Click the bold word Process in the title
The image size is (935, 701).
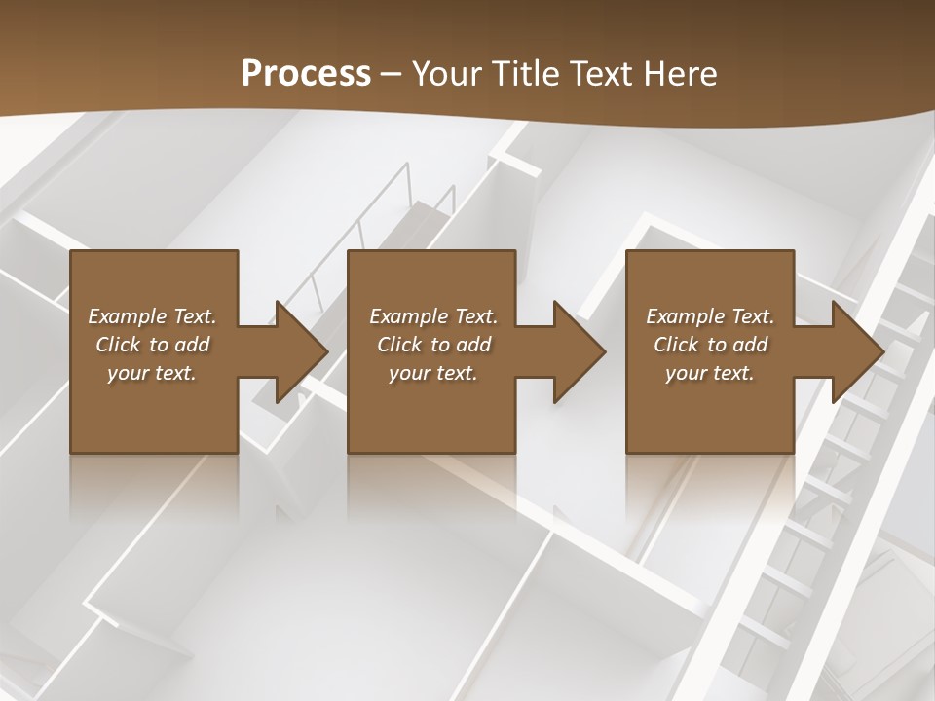click(306, 74)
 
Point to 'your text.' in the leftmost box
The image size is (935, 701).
click(153, 373)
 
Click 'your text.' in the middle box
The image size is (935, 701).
click(433, 373)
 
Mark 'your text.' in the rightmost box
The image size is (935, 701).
click(710, 373)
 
